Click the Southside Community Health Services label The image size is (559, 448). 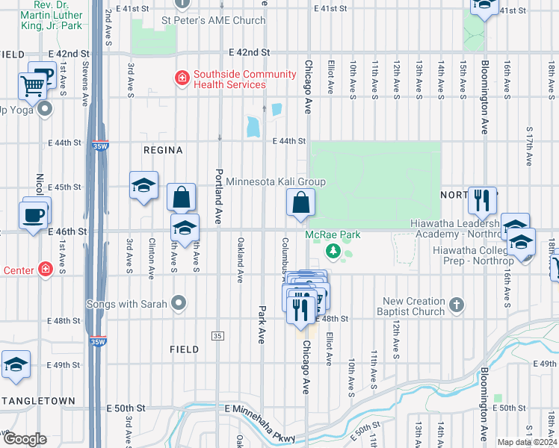229,79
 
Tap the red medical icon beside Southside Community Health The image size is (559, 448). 180,76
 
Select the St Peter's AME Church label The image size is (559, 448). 214,20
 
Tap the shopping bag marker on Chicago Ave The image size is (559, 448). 300,202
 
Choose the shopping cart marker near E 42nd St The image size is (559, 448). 32,87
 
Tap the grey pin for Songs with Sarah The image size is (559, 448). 178,302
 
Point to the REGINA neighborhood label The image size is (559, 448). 163,150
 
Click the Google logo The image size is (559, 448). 25,439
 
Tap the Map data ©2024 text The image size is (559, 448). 526,442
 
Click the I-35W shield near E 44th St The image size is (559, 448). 96,147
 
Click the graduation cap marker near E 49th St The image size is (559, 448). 16,365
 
